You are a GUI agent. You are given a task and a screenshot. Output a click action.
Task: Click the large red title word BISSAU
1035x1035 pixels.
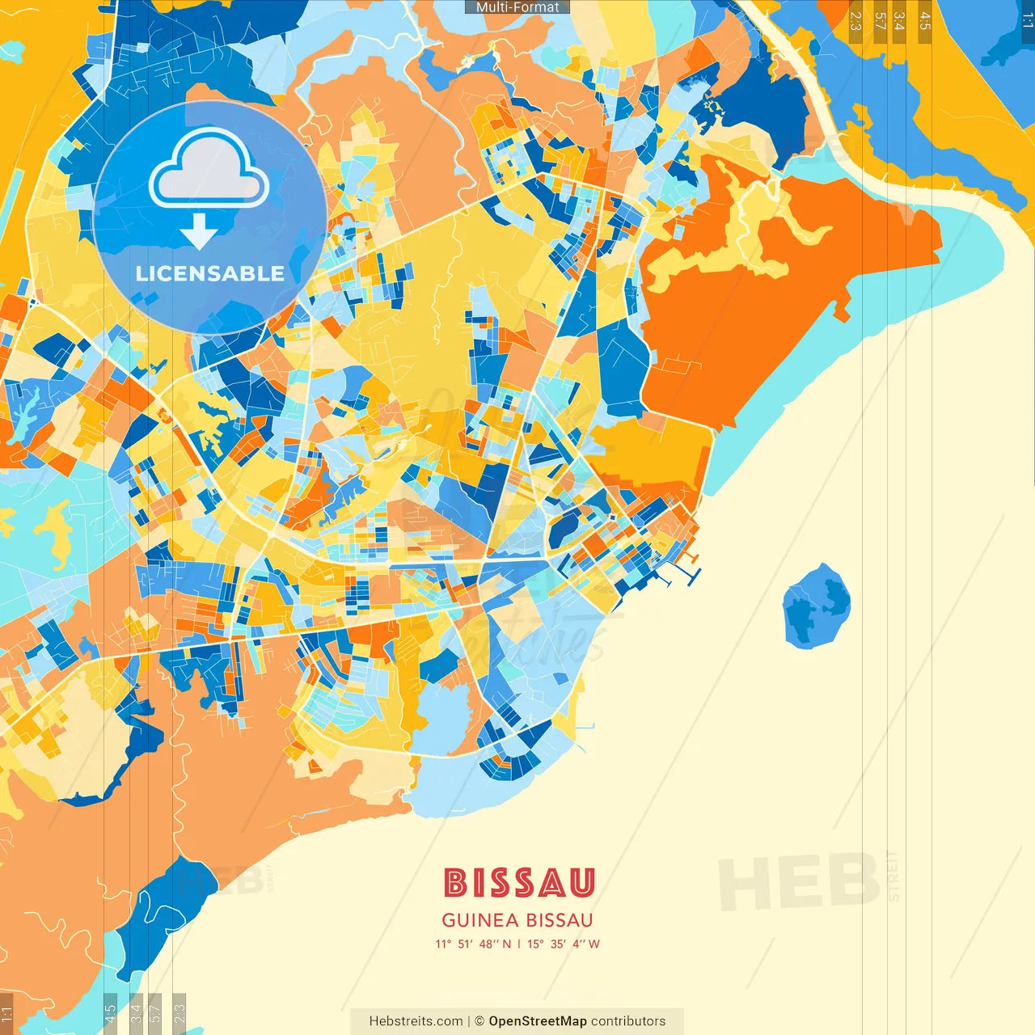[x=518, y=883]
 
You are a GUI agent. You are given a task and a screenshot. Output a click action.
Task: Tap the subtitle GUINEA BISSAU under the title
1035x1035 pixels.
[x=517, y=920]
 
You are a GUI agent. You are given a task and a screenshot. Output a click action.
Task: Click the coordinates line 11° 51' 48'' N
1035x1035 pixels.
[x=474, y=944]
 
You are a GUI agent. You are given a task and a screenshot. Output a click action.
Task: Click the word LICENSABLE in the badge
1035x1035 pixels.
[x=209, y=273]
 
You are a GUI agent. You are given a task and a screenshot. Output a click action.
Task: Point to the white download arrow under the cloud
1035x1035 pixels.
[x=199, y=231]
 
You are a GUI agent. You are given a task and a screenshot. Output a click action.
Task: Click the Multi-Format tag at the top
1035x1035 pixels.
[x=517, y=7]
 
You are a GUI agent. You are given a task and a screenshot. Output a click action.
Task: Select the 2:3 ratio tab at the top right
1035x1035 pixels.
[x=855, y=21]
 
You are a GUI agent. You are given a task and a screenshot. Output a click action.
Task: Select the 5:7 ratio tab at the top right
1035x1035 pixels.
[x=880, y=21]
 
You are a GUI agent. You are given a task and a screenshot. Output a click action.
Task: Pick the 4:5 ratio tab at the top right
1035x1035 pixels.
[x=924, y=21]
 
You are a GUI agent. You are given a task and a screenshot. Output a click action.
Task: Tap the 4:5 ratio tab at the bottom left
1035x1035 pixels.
[x=110, y=1013]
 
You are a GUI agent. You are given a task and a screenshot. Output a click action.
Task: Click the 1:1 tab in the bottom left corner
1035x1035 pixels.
[x=6, y=1013]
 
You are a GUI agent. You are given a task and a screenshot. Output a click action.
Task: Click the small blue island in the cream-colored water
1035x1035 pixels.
[x=816, y=606]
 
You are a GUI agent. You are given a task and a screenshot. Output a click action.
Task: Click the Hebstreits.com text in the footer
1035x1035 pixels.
[x=416, y=1021]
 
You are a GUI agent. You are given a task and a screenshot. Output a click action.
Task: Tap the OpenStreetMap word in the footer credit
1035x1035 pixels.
[x=537, y=1021]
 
